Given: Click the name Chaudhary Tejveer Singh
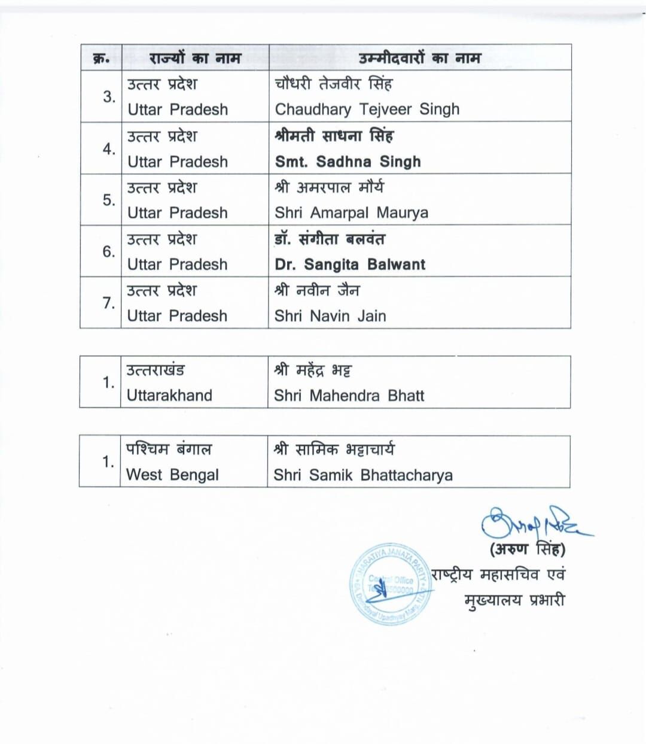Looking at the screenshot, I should point(367,110).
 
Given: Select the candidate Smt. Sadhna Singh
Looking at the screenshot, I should point(348,162).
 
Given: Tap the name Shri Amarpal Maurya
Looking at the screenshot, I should point(351,213).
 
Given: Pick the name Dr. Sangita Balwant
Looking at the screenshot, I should point(350,265).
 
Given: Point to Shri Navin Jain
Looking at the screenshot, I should point(330,316).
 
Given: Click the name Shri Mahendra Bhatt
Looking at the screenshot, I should point(349,396).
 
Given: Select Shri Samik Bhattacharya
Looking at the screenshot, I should point(362,475).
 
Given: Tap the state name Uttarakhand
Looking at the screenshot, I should point(169,396).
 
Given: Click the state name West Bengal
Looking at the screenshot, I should point(172,475).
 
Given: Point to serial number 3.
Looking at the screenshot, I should point(108,97).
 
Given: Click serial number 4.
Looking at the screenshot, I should point(108,148).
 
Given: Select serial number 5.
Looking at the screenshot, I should point(108,200).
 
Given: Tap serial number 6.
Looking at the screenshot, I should point(108,251).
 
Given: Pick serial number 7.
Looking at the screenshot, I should point(108,303).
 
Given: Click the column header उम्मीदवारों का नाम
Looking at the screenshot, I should point(419,58).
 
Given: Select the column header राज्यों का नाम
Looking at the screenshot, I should point(195,58).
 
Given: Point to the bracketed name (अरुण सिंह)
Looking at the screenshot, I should point(527,549).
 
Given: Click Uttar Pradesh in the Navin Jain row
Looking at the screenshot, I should point(177,316).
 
